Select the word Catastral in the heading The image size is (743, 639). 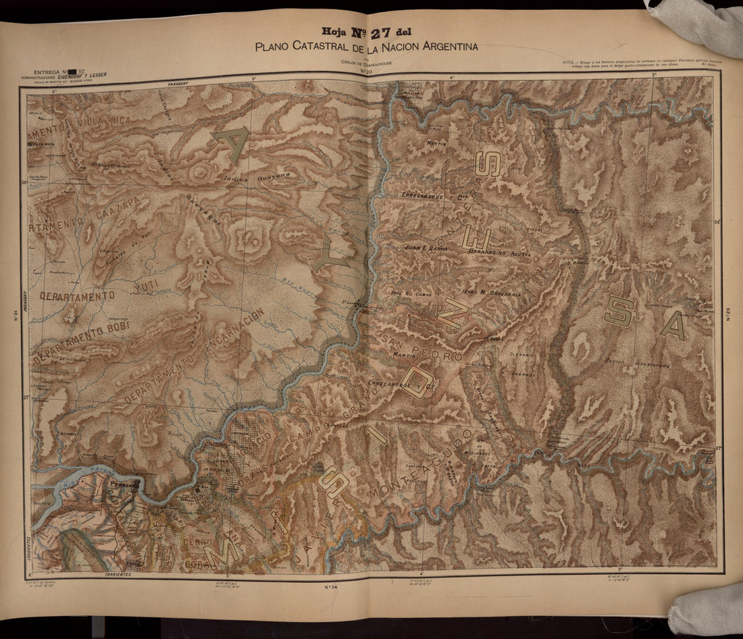pyautogui.click(x=317, y=47)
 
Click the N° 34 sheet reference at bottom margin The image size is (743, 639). pyautogui.click(x=331, y=587)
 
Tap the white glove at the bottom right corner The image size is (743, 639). pyautogui.click(x=706, y=608)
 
